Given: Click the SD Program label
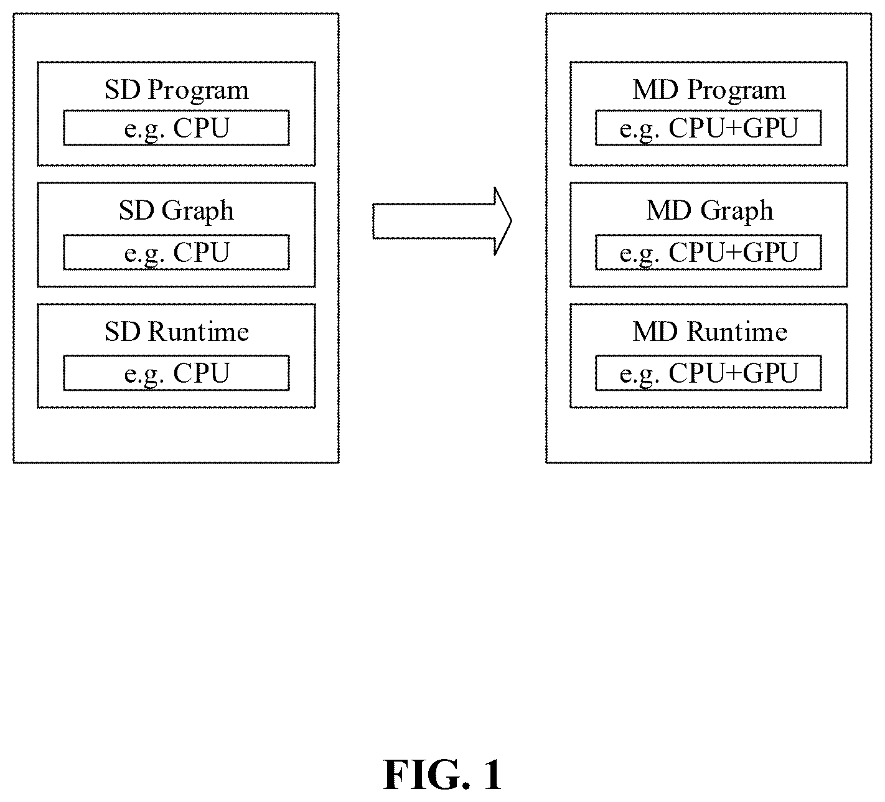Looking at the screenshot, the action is point(177,90).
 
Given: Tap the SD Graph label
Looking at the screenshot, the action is point(177,211).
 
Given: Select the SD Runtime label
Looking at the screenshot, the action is point(177,332).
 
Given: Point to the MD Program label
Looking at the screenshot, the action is point(709,90).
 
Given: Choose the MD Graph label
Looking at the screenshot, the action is point(709,211).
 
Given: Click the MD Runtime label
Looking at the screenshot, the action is point(709,332).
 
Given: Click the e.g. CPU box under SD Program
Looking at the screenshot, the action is point(177,128).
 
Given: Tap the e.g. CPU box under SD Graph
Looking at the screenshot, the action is point(177,253).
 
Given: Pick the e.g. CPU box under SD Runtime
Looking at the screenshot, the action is point(177,373).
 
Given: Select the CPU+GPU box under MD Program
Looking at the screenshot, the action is point(708,128).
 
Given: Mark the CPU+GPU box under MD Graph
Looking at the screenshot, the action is point(708,253).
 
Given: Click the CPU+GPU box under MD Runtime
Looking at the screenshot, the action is point(708,373).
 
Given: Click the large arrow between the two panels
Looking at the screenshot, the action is point(442,221).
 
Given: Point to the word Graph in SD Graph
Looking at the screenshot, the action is point(198,212).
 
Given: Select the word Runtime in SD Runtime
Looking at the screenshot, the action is point(199,332).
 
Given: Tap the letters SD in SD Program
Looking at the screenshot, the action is point(123,90).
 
